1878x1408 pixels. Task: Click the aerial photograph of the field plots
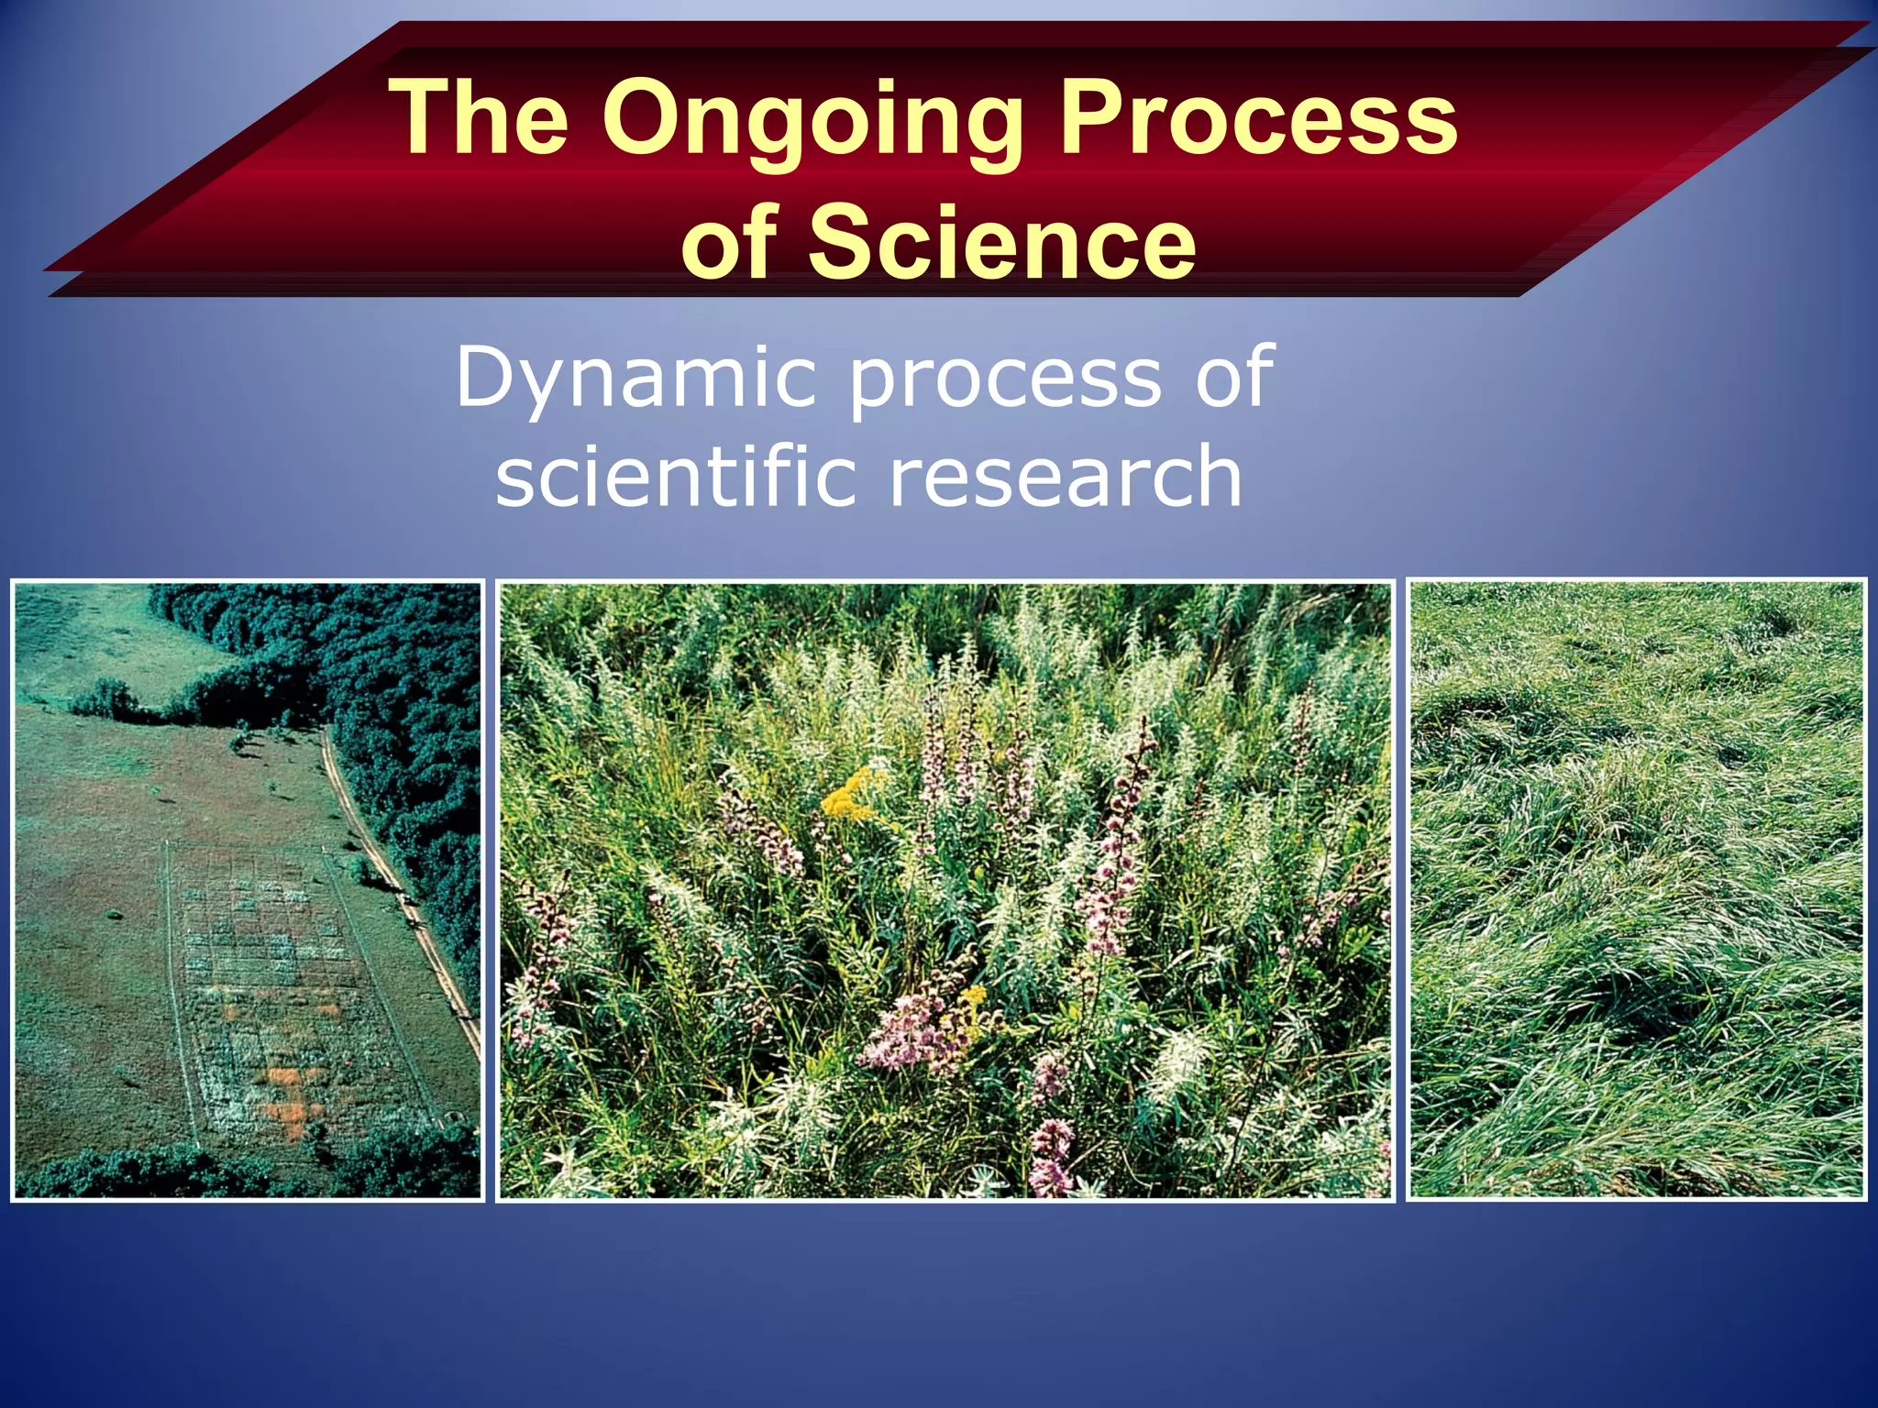(248, 889)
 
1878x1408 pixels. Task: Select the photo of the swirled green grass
(1637, 889)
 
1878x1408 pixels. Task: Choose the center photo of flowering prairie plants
(945, 889)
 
